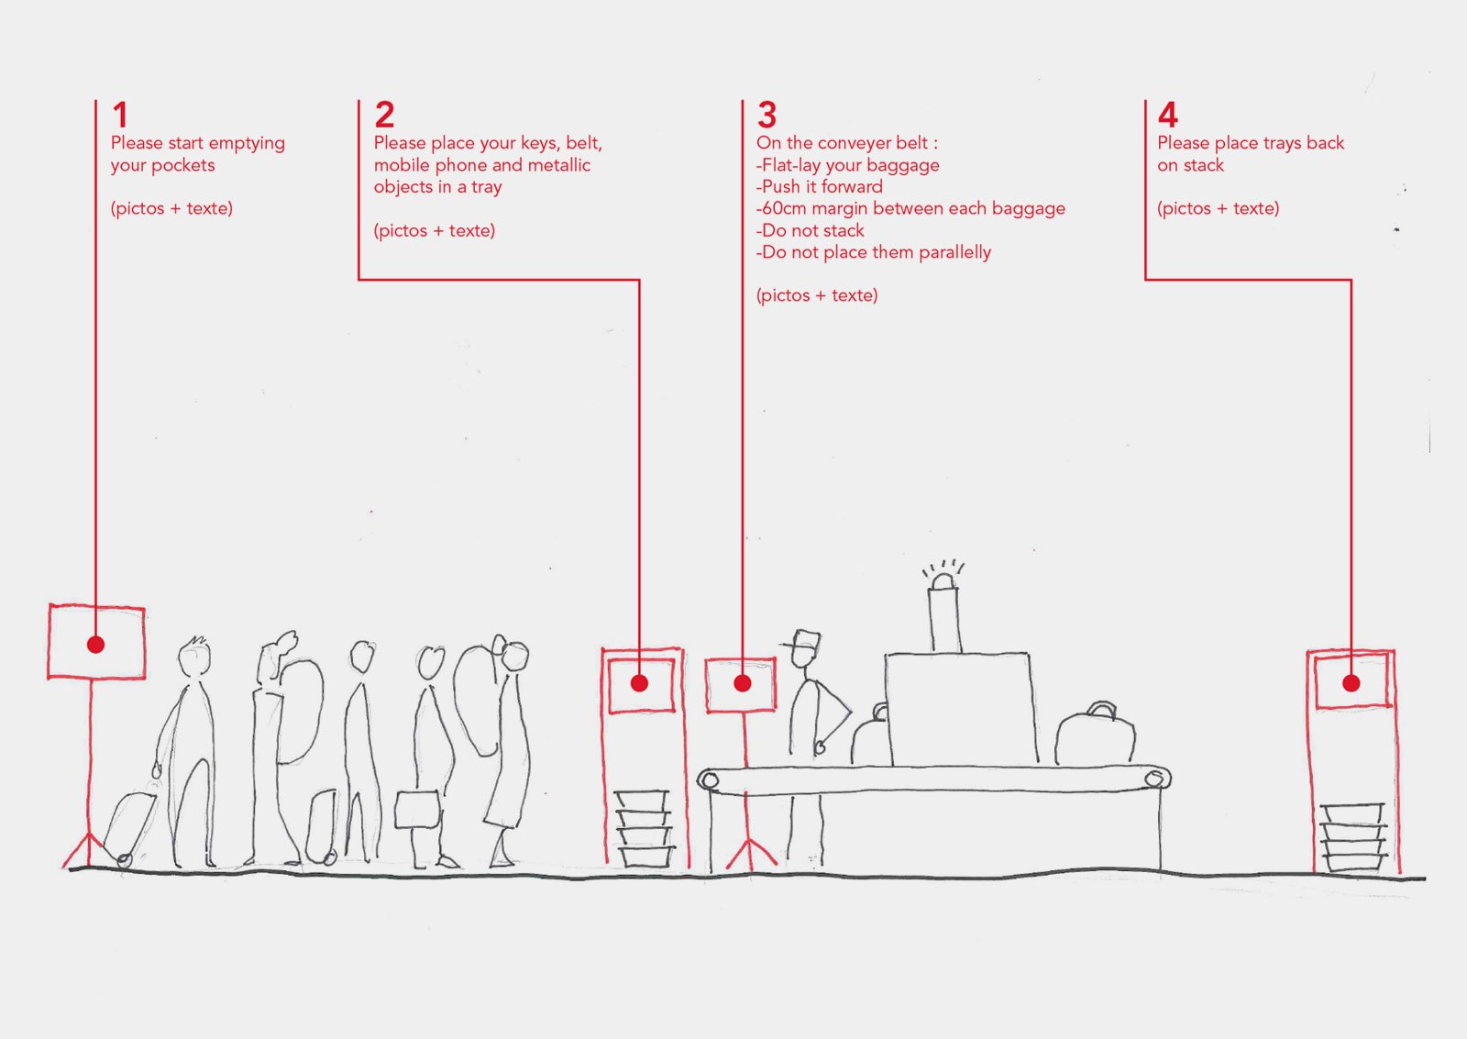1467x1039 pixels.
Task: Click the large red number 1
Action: point(120,116)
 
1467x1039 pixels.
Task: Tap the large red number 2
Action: point(384,116)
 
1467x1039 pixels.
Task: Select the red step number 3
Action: point(767,116)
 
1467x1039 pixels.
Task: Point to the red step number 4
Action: point(1167,116)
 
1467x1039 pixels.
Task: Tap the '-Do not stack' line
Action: point(811,231)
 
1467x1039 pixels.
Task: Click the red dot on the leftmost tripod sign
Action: point(95,645)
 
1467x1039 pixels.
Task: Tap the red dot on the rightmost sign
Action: point(1351,683)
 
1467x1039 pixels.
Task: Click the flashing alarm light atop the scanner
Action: point(943,580)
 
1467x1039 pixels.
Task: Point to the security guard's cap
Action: point(804,640)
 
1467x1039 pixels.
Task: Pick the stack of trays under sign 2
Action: point(644,827)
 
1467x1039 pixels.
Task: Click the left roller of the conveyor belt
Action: point(709,780)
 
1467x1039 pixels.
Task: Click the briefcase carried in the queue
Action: point(418,810)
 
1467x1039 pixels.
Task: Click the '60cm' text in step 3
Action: point(784,209)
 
